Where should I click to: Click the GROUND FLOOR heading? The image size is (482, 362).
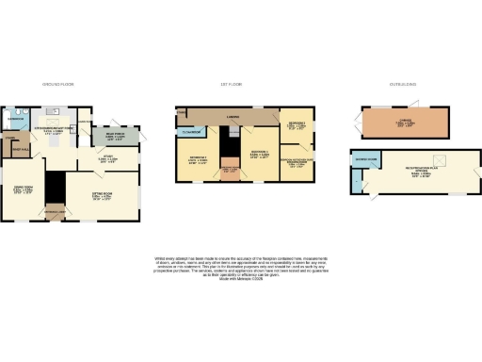[47, 84]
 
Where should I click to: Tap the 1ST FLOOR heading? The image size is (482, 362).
[232, 84]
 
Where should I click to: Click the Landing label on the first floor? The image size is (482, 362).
[232, 118]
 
